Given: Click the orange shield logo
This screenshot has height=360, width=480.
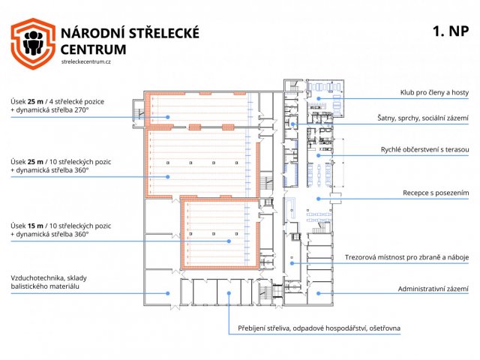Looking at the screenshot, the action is (33, 43).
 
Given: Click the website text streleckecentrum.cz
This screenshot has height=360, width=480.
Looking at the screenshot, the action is (86, 61).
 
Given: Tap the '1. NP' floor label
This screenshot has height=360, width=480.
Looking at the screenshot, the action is (451, 31).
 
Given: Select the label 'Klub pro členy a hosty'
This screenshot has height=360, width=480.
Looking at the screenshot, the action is (434, 92).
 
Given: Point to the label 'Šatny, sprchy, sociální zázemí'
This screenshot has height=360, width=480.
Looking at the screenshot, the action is (423, 118).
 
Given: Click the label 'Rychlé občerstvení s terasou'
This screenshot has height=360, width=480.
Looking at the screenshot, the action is (425, 150).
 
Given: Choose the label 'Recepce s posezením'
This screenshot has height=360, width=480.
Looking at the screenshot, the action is (436, 193).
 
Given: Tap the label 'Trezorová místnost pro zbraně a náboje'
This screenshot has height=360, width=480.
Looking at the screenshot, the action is (406, 257).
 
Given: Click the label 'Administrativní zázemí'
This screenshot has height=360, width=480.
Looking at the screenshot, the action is (433, 289).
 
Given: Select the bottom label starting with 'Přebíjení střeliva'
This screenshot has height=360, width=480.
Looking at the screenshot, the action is (319, 328).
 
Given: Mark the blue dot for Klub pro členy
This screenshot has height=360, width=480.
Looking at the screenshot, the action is (319, 98).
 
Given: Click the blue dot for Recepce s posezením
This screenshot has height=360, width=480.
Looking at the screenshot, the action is (319, 199).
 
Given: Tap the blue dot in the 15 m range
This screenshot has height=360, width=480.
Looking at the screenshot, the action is (229, 241).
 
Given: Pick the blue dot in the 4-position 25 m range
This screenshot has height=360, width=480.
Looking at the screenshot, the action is (168, 117).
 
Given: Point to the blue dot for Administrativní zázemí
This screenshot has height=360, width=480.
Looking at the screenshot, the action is (319, 293).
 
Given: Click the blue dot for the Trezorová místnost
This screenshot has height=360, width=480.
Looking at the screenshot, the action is (292, 263).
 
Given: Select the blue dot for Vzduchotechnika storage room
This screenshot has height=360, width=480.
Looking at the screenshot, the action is (168, 293).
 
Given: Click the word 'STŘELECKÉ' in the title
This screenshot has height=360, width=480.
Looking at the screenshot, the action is (163, 33).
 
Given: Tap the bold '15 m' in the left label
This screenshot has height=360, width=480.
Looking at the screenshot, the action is (35, 226).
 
